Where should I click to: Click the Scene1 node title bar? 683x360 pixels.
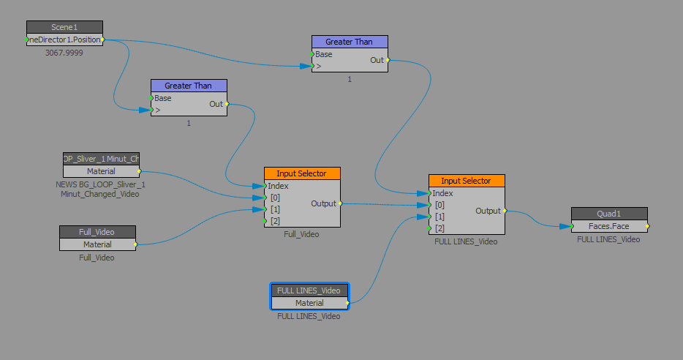(x=64, y=27)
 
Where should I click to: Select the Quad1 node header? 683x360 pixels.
(x=608, y=214)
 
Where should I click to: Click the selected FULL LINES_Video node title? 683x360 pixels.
(x=309, y=290)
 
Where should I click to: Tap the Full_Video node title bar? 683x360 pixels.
(x=97, y=232)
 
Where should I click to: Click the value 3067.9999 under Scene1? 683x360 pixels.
(x=64, y=53)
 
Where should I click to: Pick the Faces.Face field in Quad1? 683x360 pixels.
(x=608, y=226)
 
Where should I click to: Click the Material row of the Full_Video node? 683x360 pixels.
(x=97, y=244)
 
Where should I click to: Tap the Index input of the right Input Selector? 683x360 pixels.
(x=431, y=193)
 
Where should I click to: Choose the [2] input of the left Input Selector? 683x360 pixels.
(x=266, y=221)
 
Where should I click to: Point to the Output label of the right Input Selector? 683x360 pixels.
(x=488, y=211)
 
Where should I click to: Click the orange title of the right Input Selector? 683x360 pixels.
(x=466, y=181)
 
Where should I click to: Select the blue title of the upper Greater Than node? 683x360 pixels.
(x=349, y=42)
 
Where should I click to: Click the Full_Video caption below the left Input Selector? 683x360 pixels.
(x=301, y=234)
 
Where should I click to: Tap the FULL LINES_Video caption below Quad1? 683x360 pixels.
(x=608, y=239)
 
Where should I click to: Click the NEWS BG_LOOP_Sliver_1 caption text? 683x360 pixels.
(x=100, y=184)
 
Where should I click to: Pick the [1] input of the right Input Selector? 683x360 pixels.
(x=431, y=217)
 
